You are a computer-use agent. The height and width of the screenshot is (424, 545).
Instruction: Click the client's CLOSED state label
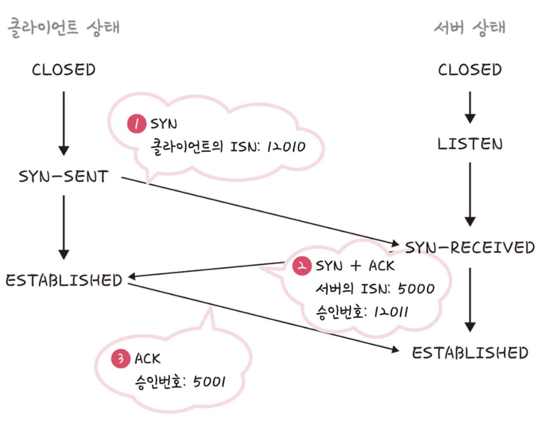click(64, 70)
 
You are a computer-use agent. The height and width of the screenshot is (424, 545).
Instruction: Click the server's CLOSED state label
click(470, 70)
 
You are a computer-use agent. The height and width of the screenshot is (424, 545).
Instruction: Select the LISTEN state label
click(470, 144)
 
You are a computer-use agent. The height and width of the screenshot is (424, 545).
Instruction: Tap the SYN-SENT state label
click(64, 177)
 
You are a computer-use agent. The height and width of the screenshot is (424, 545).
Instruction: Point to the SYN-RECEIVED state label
click(470, 247)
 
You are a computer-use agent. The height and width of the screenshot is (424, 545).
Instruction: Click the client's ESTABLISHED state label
click(64, 280)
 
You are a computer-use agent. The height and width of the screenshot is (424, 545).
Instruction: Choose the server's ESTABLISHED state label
click(470, 353)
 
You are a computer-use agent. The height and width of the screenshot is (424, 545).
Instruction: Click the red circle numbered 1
click(136, 124)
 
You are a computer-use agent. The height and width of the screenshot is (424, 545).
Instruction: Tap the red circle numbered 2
click(302, 266)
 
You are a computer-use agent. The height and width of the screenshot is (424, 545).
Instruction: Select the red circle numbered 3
click(120, 359)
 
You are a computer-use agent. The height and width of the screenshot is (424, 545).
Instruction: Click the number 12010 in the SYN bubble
click(286, 147)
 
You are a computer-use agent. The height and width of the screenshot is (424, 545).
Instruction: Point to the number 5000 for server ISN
click(416, 289)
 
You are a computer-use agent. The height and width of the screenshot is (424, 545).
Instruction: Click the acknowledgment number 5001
click(209, 382)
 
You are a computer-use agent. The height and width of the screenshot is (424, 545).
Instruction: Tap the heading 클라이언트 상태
click(64, 28)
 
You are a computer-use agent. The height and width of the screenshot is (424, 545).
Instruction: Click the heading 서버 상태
click(470, 28)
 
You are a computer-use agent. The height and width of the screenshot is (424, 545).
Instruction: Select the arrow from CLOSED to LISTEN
click(470, 107)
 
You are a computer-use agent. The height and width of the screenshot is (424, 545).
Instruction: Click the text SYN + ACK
click(355, 266)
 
